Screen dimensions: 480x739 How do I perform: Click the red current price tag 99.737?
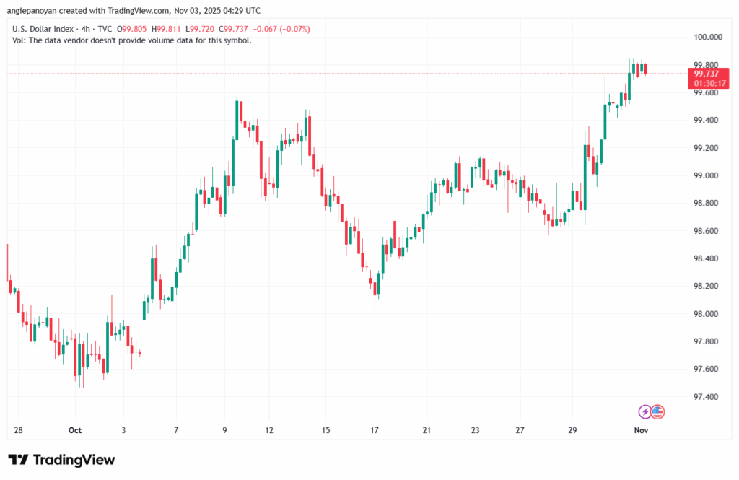click(x=706, y=74)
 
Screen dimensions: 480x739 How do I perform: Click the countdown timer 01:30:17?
click(x=706, y=83)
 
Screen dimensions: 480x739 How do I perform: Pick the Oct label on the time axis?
click(x=75, y=429)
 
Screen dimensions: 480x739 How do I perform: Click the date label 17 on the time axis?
click(x=375, y=429)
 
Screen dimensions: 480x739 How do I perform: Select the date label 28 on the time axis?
click(x=18, y=429)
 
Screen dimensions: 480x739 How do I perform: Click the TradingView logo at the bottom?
click(x=61, y=460)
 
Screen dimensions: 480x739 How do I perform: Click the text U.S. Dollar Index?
click(x=40, y=28)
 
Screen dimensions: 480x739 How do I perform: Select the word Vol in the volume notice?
click(x=19, y=40)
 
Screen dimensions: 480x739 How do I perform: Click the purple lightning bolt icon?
click(x=644, y=411)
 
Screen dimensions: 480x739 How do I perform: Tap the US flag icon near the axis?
click(x=657, y=411)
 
